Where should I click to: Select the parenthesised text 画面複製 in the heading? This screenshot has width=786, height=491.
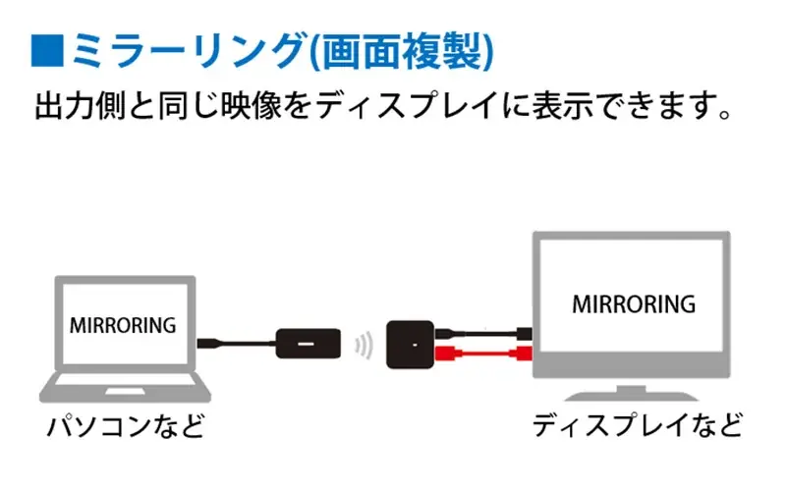point(402,49)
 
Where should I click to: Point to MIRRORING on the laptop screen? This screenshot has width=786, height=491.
point(124,323)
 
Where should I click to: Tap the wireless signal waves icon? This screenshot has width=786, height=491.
point(365,345)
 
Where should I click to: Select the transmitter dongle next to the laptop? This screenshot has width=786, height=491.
point(307,344)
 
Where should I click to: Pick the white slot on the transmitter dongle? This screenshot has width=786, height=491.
point(306,345)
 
